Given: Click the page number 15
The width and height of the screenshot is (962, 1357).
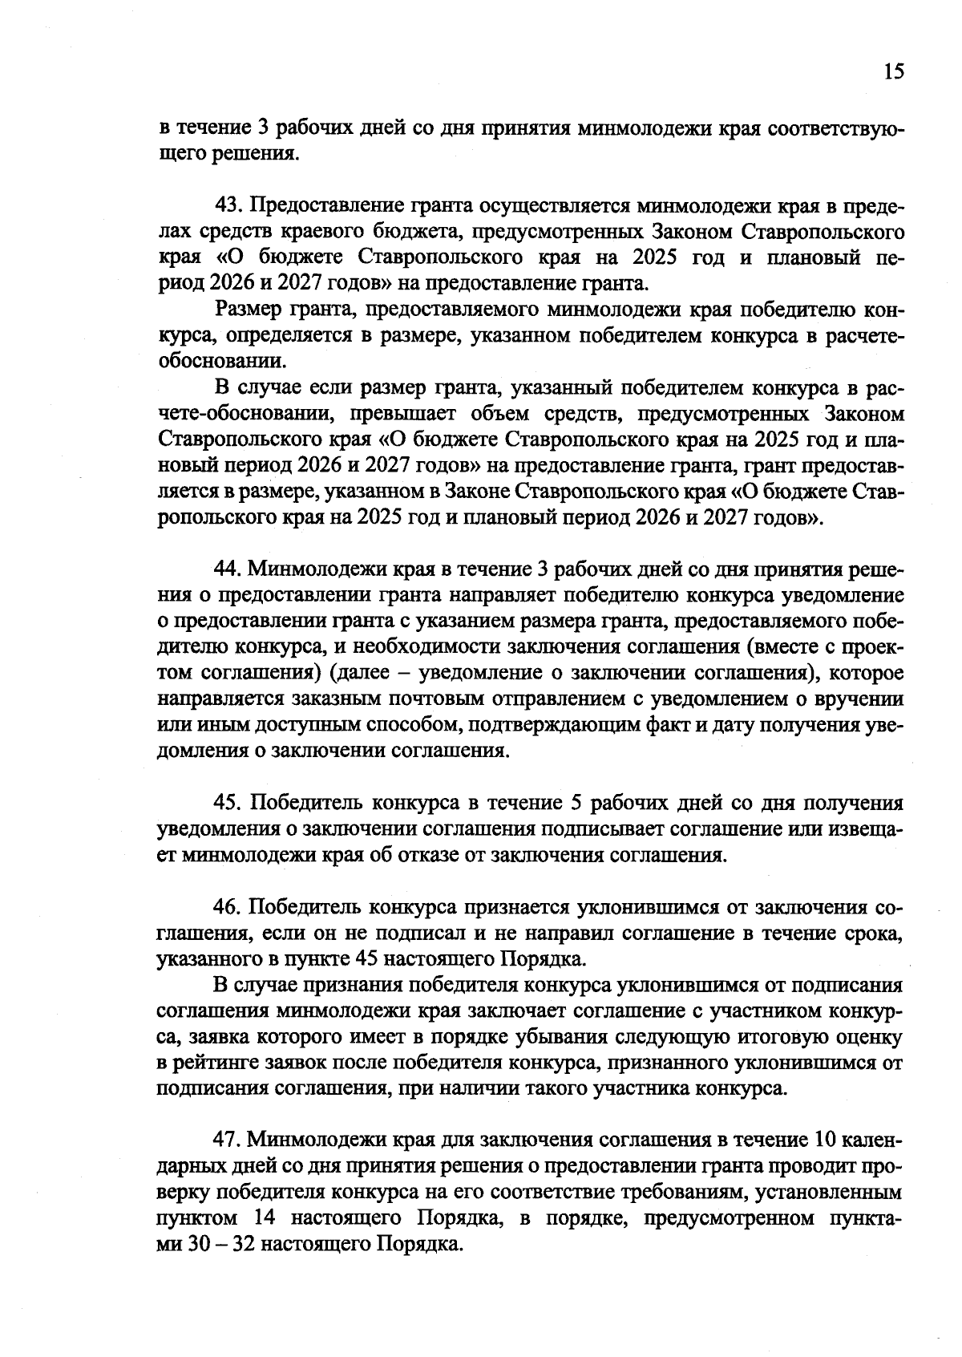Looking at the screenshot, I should pyautogui.click(x=894, y=72).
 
